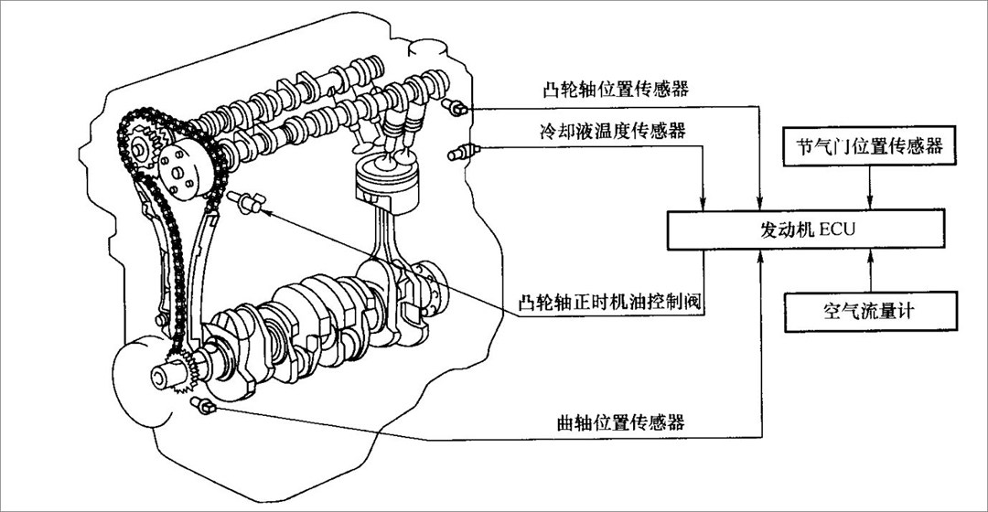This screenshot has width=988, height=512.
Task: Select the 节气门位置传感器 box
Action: [x=870, y=146]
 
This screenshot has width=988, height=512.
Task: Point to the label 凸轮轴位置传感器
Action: [x=615, y=91]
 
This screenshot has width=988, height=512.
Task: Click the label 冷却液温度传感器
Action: [x=614, y=133]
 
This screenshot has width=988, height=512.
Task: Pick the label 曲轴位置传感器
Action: [x=621, y=422]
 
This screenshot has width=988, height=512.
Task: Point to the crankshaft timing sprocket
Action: [x=178, y=371]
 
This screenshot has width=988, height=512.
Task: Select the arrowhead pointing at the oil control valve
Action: [x=265, y=211]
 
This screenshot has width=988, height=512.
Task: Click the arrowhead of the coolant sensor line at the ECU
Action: [x=703, y=204]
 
